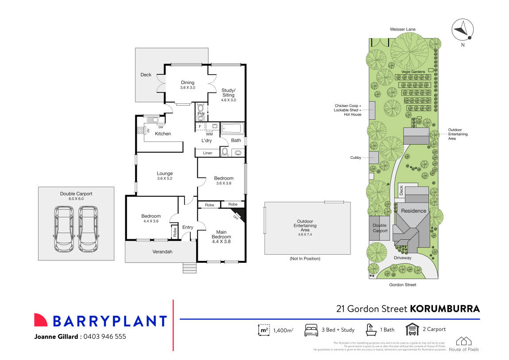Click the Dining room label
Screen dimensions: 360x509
187,82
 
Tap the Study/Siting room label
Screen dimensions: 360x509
228,92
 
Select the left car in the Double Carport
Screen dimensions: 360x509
65,229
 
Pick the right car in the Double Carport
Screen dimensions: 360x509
88,229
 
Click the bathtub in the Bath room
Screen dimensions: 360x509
232,129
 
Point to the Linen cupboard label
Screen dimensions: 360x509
208,153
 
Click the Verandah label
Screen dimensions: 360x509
162,252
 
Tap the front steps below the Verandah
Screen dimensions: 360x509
189,268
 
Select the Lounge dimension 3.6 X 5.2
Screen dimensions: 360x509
164,179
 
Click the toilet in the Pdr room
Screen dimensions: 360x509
201,108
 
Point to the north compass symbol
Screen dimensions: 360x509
463,29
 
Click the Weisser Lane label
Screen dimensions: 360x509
402,29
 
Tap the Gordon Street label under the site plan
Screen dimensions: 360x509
403,285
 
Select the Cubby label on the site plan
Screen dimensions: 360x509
355,157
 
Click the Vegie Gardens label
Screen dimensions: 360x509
413,72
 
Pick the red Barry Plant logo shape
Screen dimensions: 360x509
41,320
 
